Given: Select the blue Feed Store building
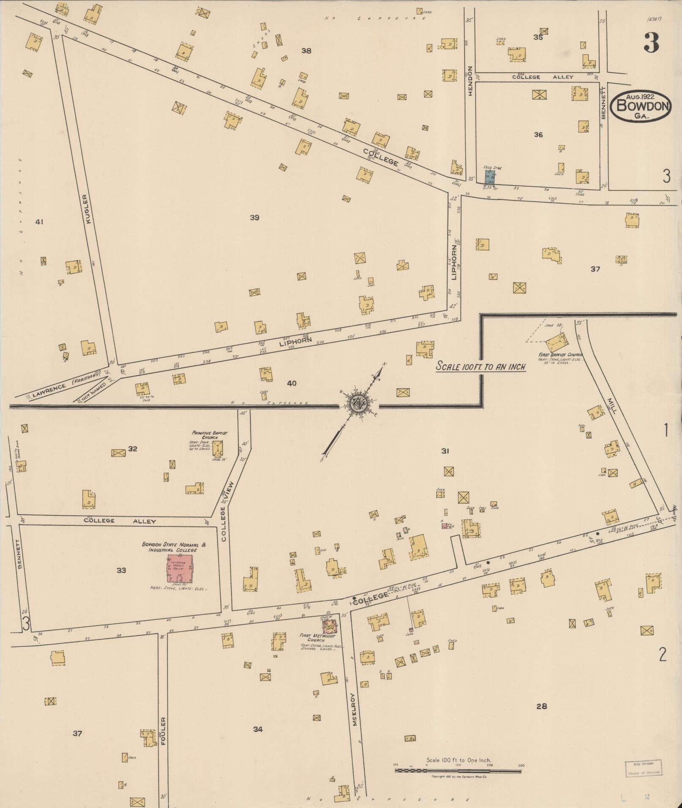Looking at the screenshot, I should click(490, 177).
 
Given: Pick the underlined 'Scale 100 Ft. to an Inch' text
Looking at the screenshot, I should click(481, 367).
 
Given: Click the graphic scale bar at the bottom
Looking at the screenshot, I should click(459, 771).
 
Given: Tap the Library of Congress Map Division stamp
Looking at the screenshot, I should click(643, 767).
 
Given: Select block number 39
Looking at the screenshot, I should click(254, 218).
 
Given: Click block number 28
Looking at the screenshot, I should click(542, 706).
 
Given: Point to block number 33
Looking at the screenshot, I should click(121, 571).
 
